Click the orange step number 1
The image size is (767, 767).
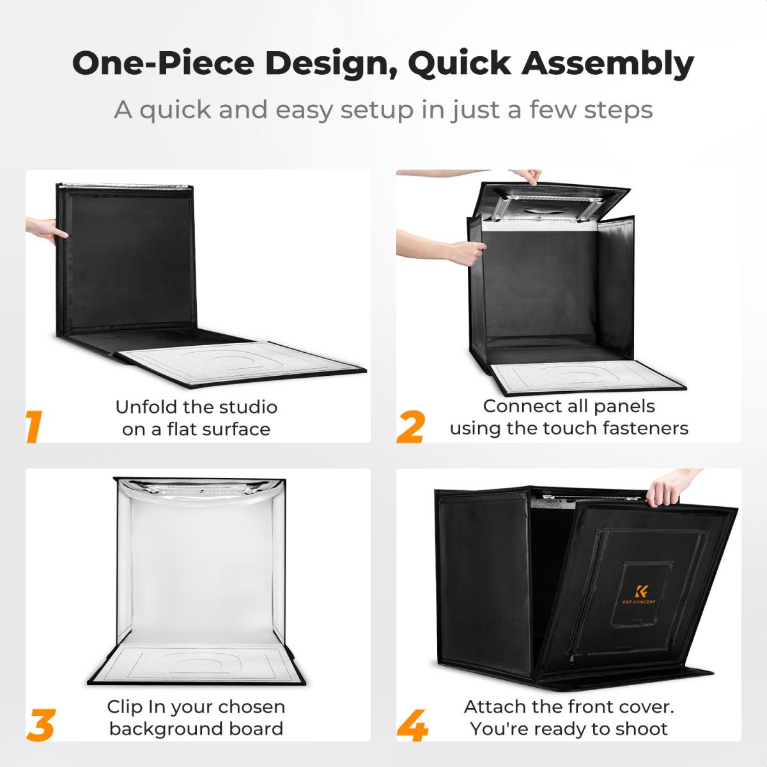click(x=34, y=426)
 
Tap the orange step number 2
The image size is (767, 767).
click(x=411, y=427)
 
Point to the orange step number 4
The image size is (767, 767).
click(x=412, y=725)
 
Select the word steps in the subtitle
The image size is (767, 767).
click(x=618, y=110)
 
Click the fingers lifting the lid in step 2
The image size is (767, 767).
click(x=527, y=176)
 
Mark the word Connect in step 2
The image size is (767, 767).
click(x=515, y=407)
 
